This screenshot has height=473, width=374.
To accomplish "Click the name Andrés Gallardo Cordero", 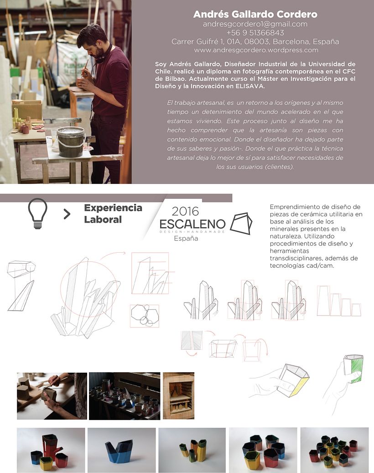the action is pyautogui.click(x=255, y=14).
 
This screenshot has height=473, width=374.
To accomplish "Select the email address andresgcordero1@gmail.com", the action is pyautogui.click(x=255, y=24).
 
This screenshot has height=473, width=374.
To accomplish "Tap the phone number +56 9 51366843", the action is pyautogui.click(x=255, y=32).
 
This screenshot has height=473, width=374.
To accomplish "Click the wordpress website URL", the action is pyautogui.click(x=256, y=50).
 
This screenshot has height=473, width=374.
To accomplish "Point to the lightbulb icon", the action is pyautogui.click(x=38, y=213).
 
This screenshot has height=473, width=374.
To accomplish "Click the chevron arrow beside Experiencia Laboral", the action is pyautogui.click(x=67, y=214).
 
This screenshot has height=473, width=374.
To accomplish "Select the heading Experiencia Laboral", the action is pyautogui.click(x=113, y=213).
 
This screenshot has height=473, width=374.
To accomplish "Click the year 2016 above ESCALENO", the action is pyautogui.click(x=185, y=212).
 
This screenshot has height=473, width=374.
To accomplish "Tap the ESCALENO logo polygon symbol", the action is pyautogui.click(x=241, y=224).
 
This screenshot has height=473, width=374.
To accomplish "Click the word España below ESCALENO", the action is pyautogui.click(x=186, y=238).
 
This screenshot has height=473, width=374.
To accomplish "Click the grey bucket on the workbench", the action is pyautogui.click(x=71, y=141).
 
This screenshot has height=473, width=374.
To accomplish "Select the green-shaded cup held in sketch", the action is pyautogui.click(x=353, y=369).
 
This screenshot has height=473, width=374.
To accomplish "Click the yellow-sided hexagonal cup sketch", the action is pyautogui.click(x=293, y=380).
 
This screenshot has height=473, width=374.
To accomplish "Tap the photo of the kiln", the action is pyautogui.click(x=178, y=395).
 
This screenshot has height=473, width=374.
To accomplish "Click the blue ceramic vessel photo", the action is pyautogui.click(x=122, y=450).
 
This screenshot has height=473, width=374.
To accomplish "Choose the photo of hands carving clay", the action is pyautogui.click(x=52, y=396).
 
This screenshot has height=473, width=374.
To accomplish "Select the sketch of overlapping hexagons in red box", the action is pyautogui.click(x=145, y=316).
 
